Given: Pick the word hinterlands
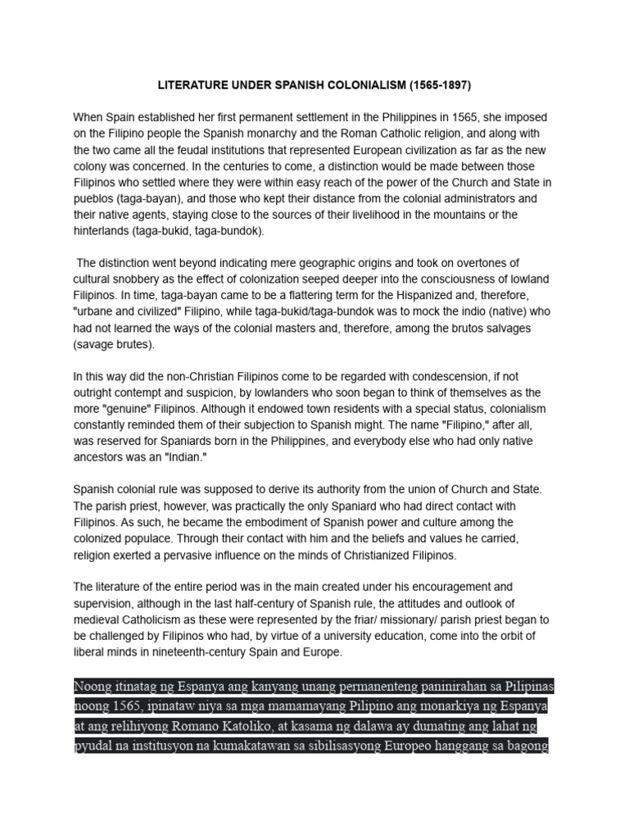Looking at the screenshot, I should [x=102, y=232].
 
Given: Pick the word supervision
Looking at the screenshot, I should [x=105, y=604].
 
